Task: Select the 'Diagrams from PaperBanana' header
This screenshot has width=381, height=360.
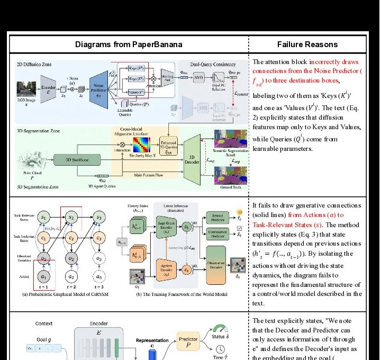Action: click(128, 44)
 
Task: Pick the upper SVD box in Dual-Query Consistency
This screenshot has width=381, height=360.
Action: click(198, 77)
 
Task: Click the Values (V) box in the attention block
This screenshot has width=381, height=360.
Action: click(138, 92)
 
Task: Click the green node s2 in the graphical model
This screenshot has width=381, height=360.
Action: click(71, 217)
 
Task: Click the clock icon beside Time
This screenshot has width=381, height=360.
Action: click(219, 350)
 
